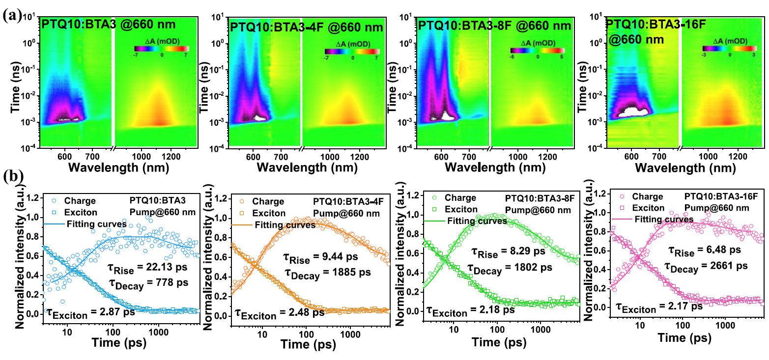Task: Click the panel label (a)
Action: (x=11, y=15)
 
